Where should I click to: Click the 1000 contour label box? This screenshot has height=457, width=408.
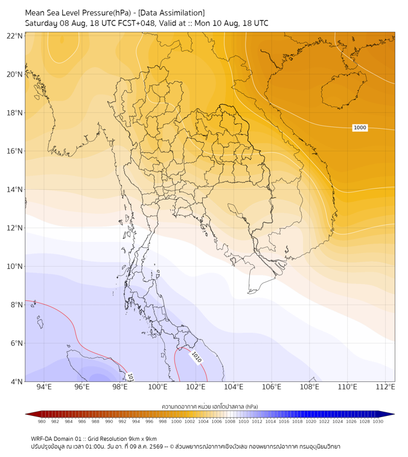pyautogui.click(x=360, y=128)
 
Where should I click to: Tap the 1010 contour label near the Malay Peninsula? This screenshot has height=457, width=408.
pyautogui.click(x=196, y=357)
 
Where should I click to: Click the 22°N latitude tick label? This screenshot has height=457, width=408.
pyautogui.click(x=14, y=36)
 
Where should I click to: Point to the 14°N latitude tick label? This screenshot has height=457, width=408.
pyautogui.click(x=14, y=189)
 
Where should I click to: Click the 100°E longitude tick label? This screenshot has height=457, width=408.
pyautogui.click(x=158, y=387)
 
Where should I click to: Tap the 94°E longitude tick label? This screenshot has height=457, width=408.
pyautogui.click(x=44, y=387)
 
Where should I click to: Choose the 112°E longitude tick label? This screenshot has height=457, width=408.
pyautogui.click(x=385, y=387)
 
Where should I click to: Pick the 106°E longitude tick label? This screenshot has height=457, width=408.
pyautogui.click(x=272, y=387)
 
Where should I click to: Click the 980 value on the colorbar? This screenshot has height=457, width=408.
pyautogui.click(x=42, y=421)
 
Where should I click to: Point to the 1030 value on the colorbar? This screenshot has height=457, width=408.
pyautogui.click(x=378, y=421)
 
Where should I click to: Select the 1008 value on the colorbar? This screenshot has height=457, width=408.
pyautogui.click(x=230, y=421)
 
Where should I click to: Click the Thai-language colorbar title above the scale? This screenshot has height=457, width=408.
pyautogui.click(x=210, y=406)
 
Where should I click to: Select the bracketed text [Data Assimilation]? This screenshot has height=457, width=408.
pyautogui.click(x=171, y=13)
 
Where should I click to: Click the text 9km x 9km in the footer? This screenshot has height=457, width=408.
pyautogui.click(x=142, y=439)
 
